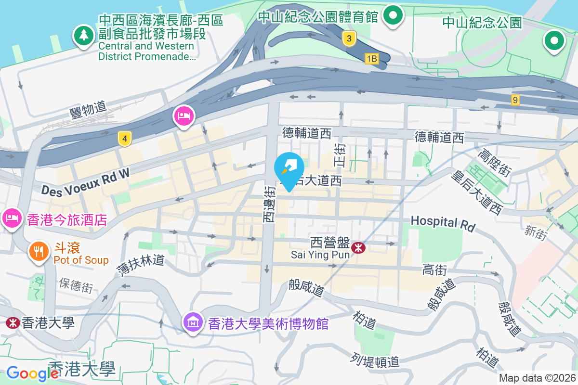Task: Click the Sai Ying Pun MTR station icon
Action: click(358, 248)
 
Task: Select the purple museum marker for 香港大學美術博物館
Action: click(193, 322)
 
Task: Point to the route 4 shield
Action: click(125, 139)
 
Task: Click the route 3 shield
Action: click(350, 38)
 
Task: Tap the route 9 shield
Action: click(516, 100)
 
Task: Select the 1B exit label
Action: click(372, 59)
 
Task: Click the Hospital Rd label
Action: click(443, 223)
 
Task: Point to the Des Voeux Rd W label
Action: click(86, 182)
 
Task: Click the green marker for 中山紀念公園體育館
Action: click(394, 15)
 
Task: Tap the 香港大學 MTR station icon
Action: click(12, 322)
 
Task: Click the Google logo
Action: click(33, 373)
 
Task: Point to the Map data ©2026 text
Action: click(537, 378)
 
